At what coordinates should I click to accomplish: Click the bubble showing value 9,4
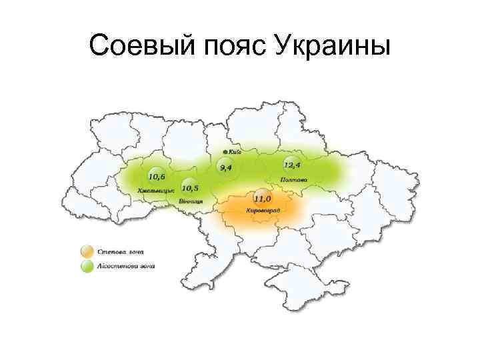click(223, 165)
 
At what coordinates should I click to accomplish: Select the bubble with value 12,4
click(291, 164)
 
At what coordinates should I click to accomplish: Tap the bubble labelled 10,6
click(157, 176)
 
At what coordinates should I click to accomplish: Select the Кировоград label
click(263, 211)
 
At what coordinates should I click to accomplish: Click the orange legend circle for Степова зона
click(86, 252)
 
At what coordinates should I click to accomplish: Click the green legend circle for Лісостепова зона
click(86, 267)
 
